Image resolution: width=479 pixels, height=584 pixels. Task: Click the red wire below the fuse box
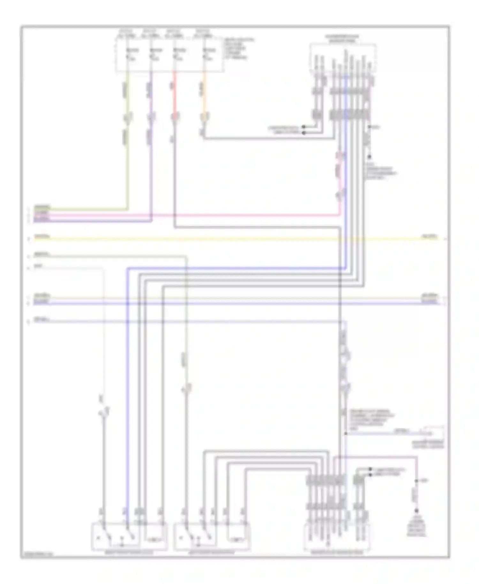[x=174, y=96]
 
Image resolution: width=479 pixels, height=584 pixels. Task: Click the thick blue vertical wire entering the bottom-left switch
[x=127, y=383]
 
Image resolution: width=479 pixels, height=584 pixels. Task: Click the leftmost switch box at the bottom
[x=129, y=536]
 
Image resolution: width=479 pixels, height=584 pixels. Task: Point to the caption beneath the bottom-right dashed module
[x=337, y=552]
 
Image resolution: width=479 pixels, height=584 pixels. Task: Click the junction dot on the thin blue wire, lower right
[x=346, y=434]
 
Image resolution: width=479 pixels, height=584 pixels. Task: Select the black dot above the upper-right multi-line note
[x=369, y=157]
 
